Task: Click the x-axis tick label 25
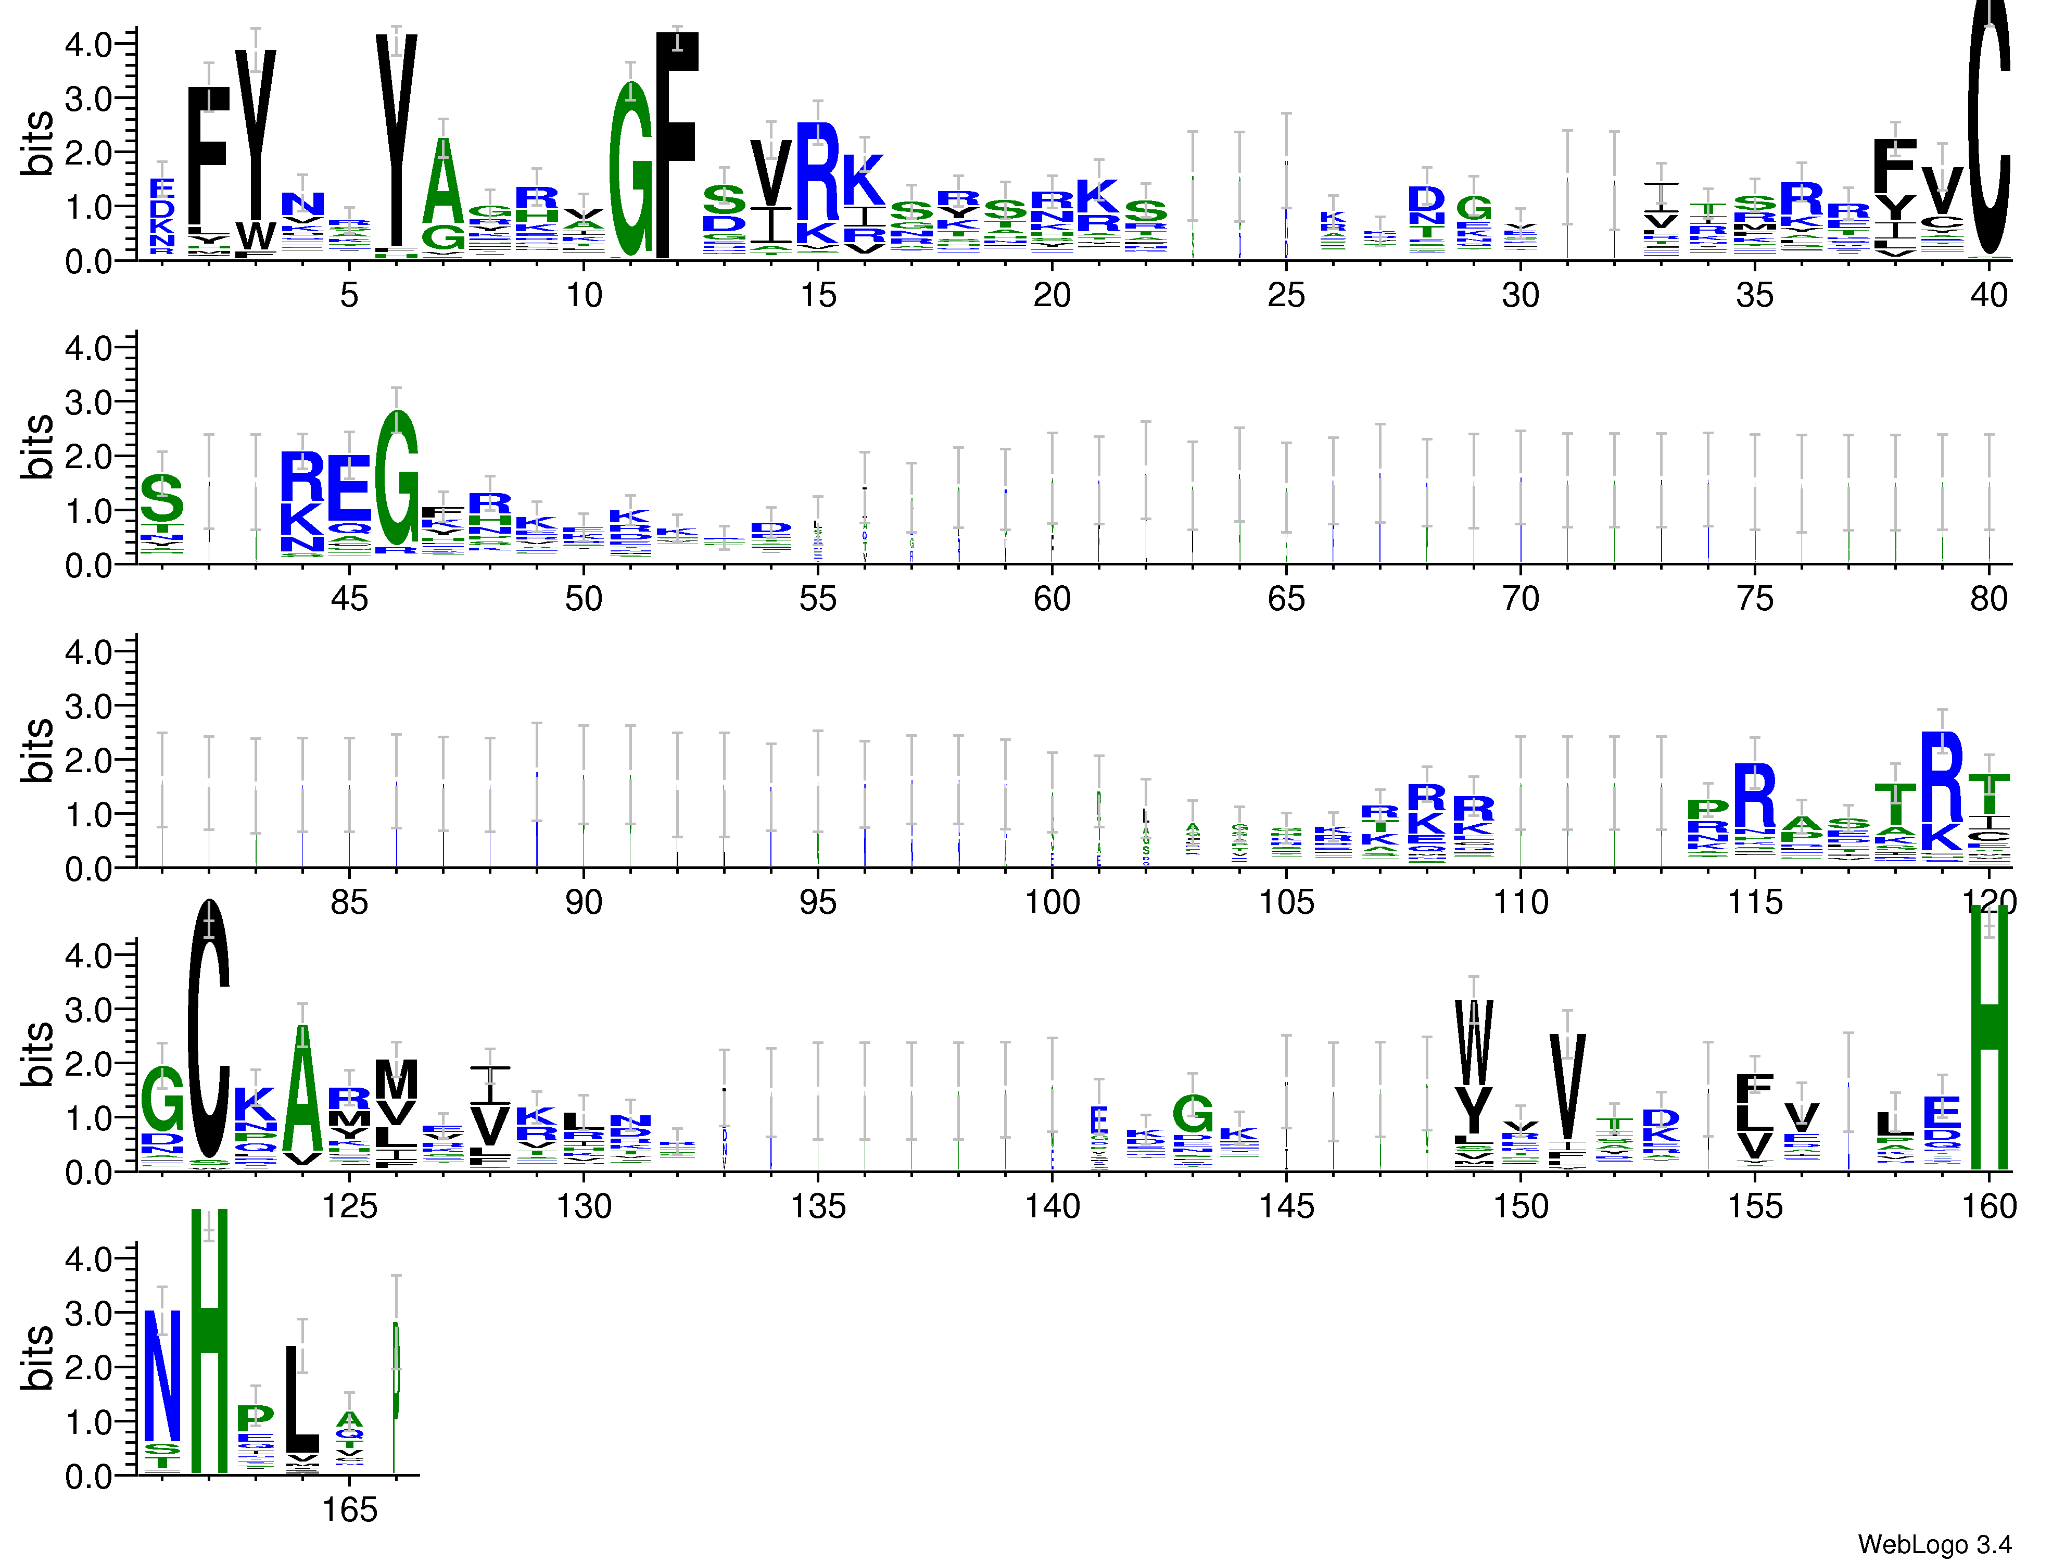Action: [1286, 295]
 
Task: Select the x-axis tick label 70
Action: [1520, 598]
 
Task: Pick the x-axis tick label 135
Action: [818, 1206]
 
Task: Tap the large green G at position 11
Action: [631, 168]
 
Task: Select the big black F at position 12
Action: [677, 140]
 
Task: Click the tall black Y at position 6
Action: [397, 140]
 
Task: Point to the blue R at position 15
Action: [818, 173]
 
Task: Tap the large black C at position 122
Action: [209, 1027]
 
